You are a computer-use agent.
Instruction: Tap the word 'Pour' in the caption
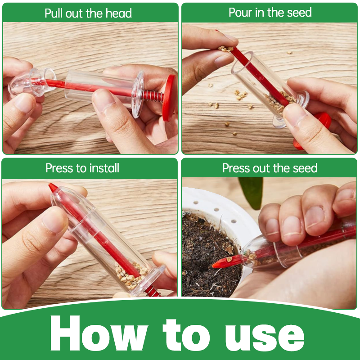coord(240,12)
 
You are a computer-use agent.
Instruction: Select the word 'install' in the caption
coord(104,168)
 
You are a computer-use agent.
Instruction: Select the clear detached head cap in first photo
coord(28,81)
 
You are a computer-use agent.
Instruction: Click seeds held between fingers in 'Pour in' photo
coord(225,48)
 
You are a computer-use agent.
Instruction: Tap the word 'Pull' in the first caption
coord(54,13)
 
